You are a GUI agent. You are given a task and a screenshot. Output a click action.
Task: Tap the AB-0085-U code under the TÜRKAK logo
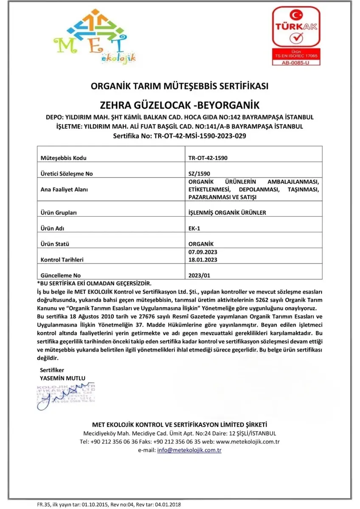(296, 62)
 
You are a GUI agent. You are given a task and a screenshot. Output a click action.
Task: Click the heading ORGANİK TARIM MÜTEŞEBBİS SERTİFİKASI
(180, 86)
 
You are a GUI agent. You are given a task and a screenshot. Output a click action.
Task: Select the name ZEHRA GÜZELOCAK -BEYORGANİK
(180, 105)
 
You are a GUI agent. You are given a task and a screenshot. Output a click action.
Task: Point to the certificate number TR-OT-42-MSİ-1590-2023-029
(180, 136)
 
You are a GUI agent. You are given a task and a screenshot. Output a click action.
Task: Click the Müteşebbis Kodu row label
(63, 158)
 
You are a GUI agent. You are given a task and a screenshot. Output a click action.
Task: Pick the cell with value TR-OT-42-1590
(208, 158)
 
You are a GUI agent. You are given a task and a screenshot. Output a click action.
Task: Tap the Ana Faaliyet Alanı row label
(64, 189)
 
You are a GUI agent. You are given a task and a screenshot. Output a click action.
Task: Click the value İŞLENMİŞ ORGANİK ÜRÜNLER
(227, 213)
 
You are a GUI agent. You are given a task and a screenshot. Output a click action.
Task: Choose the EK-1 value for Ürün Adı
(194, 228)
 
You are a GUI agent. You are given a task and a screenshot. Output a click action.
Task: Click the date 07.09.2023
(205, 252)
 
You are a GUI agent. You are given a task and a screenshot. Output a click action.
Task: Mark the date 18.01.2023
(205, 259)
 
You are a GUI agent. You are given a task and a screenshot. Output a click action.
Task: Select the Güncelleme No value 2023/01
(199, 275)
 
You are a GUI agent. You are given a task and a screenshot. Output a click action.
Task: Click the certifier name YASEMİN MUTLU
(62, 378)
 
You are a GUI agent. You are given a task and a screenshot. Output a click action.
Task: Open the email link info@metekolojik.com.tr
(189, 450)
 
